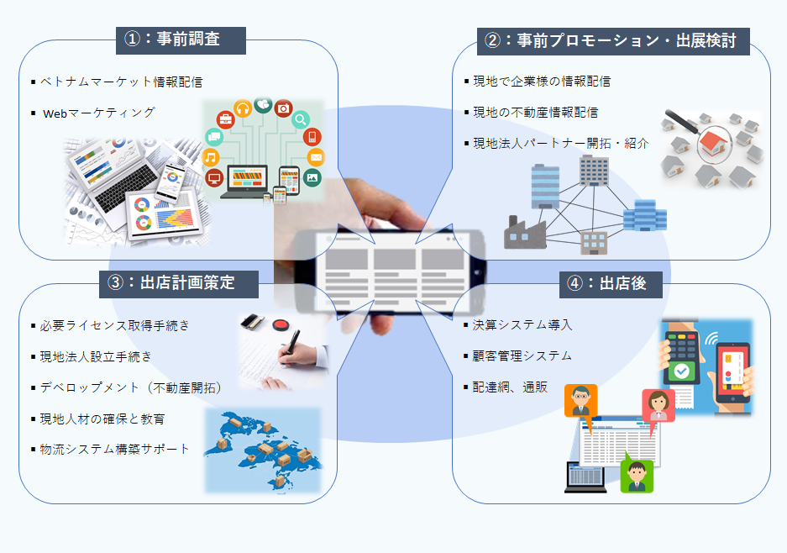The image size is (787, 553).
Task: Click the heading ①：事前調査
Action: click(181, 39)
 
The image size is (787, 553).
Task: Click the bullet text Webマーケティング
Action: click(99, 112)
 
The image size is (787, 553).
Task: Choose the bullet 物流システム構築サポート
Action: click(115, 449)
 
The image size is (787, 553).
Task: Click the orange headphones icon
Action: click(244, 108)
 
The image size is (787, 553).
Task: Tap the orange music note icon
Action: click(211, 157)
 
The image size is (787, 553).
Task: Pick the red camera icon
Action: click(283, 108)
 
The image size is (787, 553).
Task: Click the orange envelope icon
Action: click(316, 157)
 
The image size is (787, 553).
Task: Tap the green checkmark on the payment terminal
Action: click(683, 370)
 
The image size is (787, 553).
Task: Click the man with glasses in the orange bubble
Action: click(580, 399)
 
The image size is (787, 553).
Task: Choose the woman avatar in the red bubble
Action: click(658, 404)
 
